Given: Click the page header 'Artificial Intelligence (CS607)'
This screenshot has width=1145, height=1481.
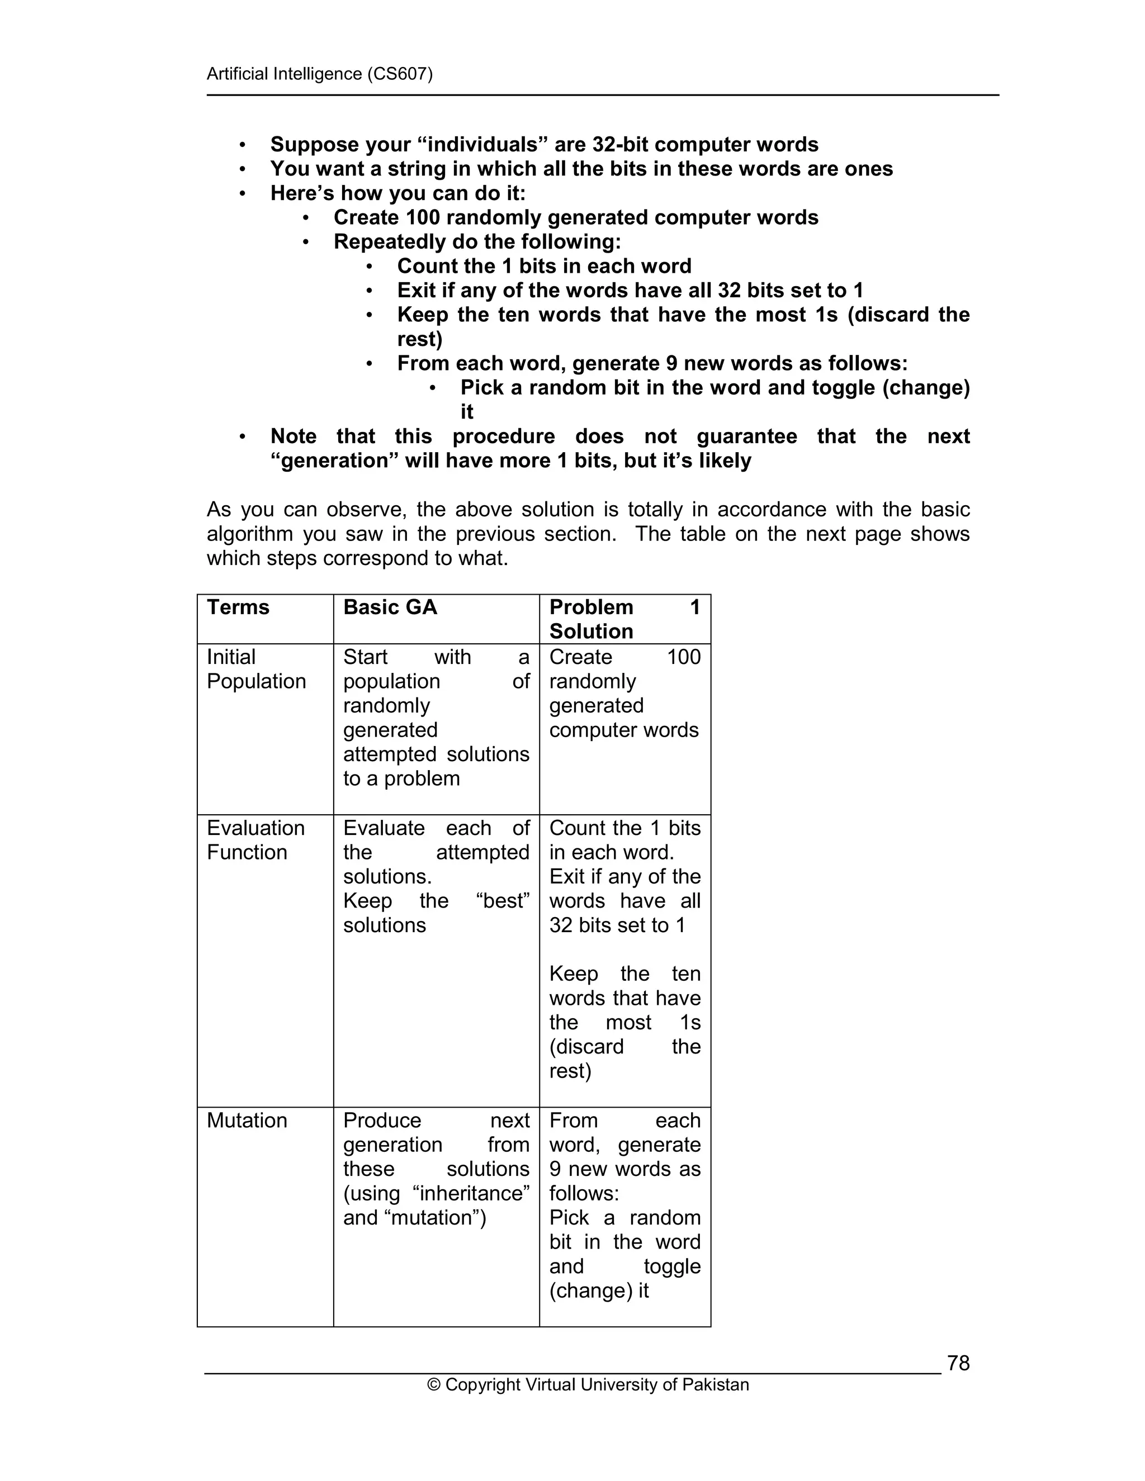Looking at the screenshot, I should [319, 74].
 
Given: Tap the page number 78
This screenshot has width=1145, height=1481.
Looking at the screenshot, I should [958, 1363].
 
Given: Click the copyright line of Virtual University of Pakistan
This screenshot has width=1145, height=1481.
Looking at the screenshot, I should [588, 1385].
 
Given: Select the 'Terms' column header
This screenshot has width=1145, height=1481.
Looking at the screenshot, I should [238, 607].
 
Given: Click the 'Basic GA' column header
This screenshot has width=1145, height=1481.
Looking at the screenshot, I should [390, 607].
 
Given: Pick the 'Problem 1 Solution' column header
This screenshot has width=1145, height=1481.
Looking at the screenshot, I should [624, 619].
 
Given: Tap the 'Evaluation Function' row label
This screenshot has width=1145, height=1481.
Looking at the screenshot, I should [256, 840].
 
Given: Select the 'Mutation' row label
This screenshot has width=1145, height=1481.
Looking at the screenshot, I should [247, 1120].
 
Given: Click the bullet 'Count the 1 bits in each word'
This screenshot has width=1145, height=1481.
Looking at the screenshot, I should [544, 266].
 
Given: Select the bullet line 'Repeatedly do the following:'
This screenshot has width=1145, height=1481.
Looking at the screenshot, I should [477, 241].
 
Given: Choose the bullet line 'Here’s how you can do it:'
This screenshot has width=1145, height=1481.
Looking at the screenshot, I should [398, 193].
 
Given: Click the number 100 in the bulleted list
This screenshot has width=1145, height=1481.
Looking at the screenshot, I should [423, 217].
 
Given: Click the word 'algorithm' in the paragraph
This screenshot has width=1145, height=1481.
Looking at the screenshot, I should [248, 534].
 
